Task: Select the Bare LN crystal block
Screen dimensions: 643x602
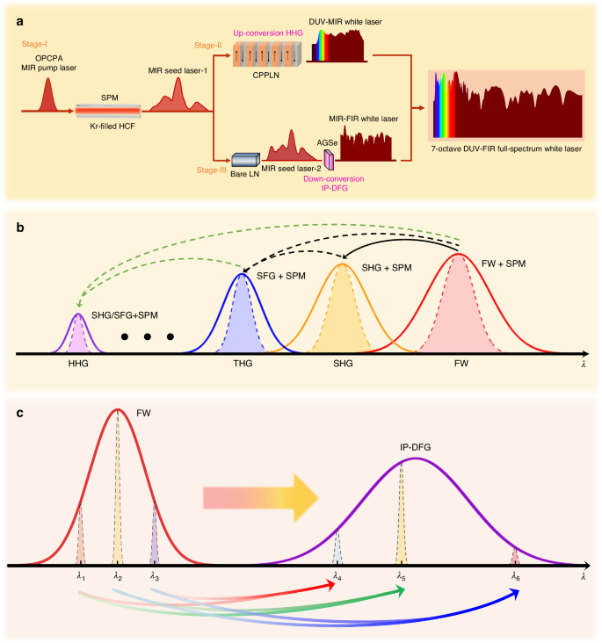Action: click(243, 161)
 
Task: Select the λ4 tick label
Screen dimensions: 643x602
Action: click(337, 576)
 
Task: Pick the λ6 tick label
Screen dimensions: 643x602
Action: click(516, 576)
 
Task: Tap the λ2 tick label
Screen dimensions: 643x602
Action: click(118, 576)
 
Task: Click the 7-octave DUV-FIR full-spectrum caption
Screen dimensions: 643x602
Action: click(507, 149)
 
